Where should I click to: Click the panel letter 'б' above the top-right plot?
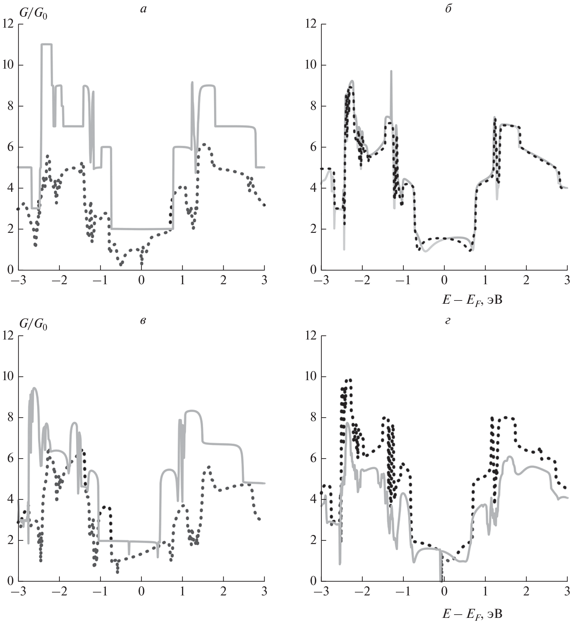(x=448, y=9)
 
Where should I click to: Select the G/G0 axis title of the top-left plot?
(x=33, y=14)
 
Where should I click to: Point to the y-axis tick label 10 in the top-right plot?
(x=312, y=65)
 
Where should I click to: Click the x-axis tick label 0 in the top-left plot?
(x=141, y=280)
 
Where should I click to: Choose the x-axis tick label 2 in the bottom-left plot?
(x=223, y=591)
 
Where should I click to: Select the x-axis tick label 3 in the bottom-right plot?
(x=567, y=591)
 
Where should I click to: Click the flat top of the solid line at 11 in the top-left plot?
(x=46, y=44)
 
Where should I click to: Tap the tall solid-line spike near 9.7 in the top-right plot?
(x=391, y=72)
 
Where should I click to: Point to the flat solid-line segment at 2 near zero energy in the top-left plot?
(x=141, y=229)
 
